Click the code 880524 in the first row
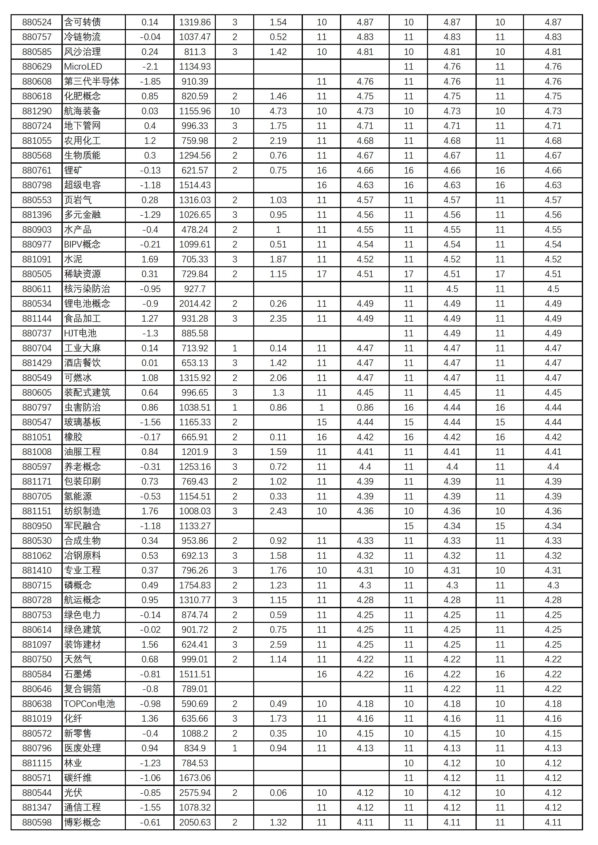coord(37,22)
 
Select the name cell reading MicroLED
coord(83,67)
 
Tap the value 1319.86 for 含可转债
coord(195,22)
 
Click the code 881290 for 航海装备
coord(37,111)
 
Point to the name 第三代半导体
coord(92,82)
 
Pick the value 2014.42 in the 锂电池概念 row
coord(195,304)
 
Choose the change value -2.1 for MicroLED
coord(150,67)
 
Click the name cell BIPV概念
coord(82,244)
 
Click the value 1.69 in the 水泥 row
coord(150,259)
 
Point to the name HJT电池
coord(80,333)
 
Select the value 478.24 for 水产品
coord(195,230)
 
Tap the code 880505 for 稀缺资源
coord(37,274)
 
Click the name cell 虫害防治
coord(82,407)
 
